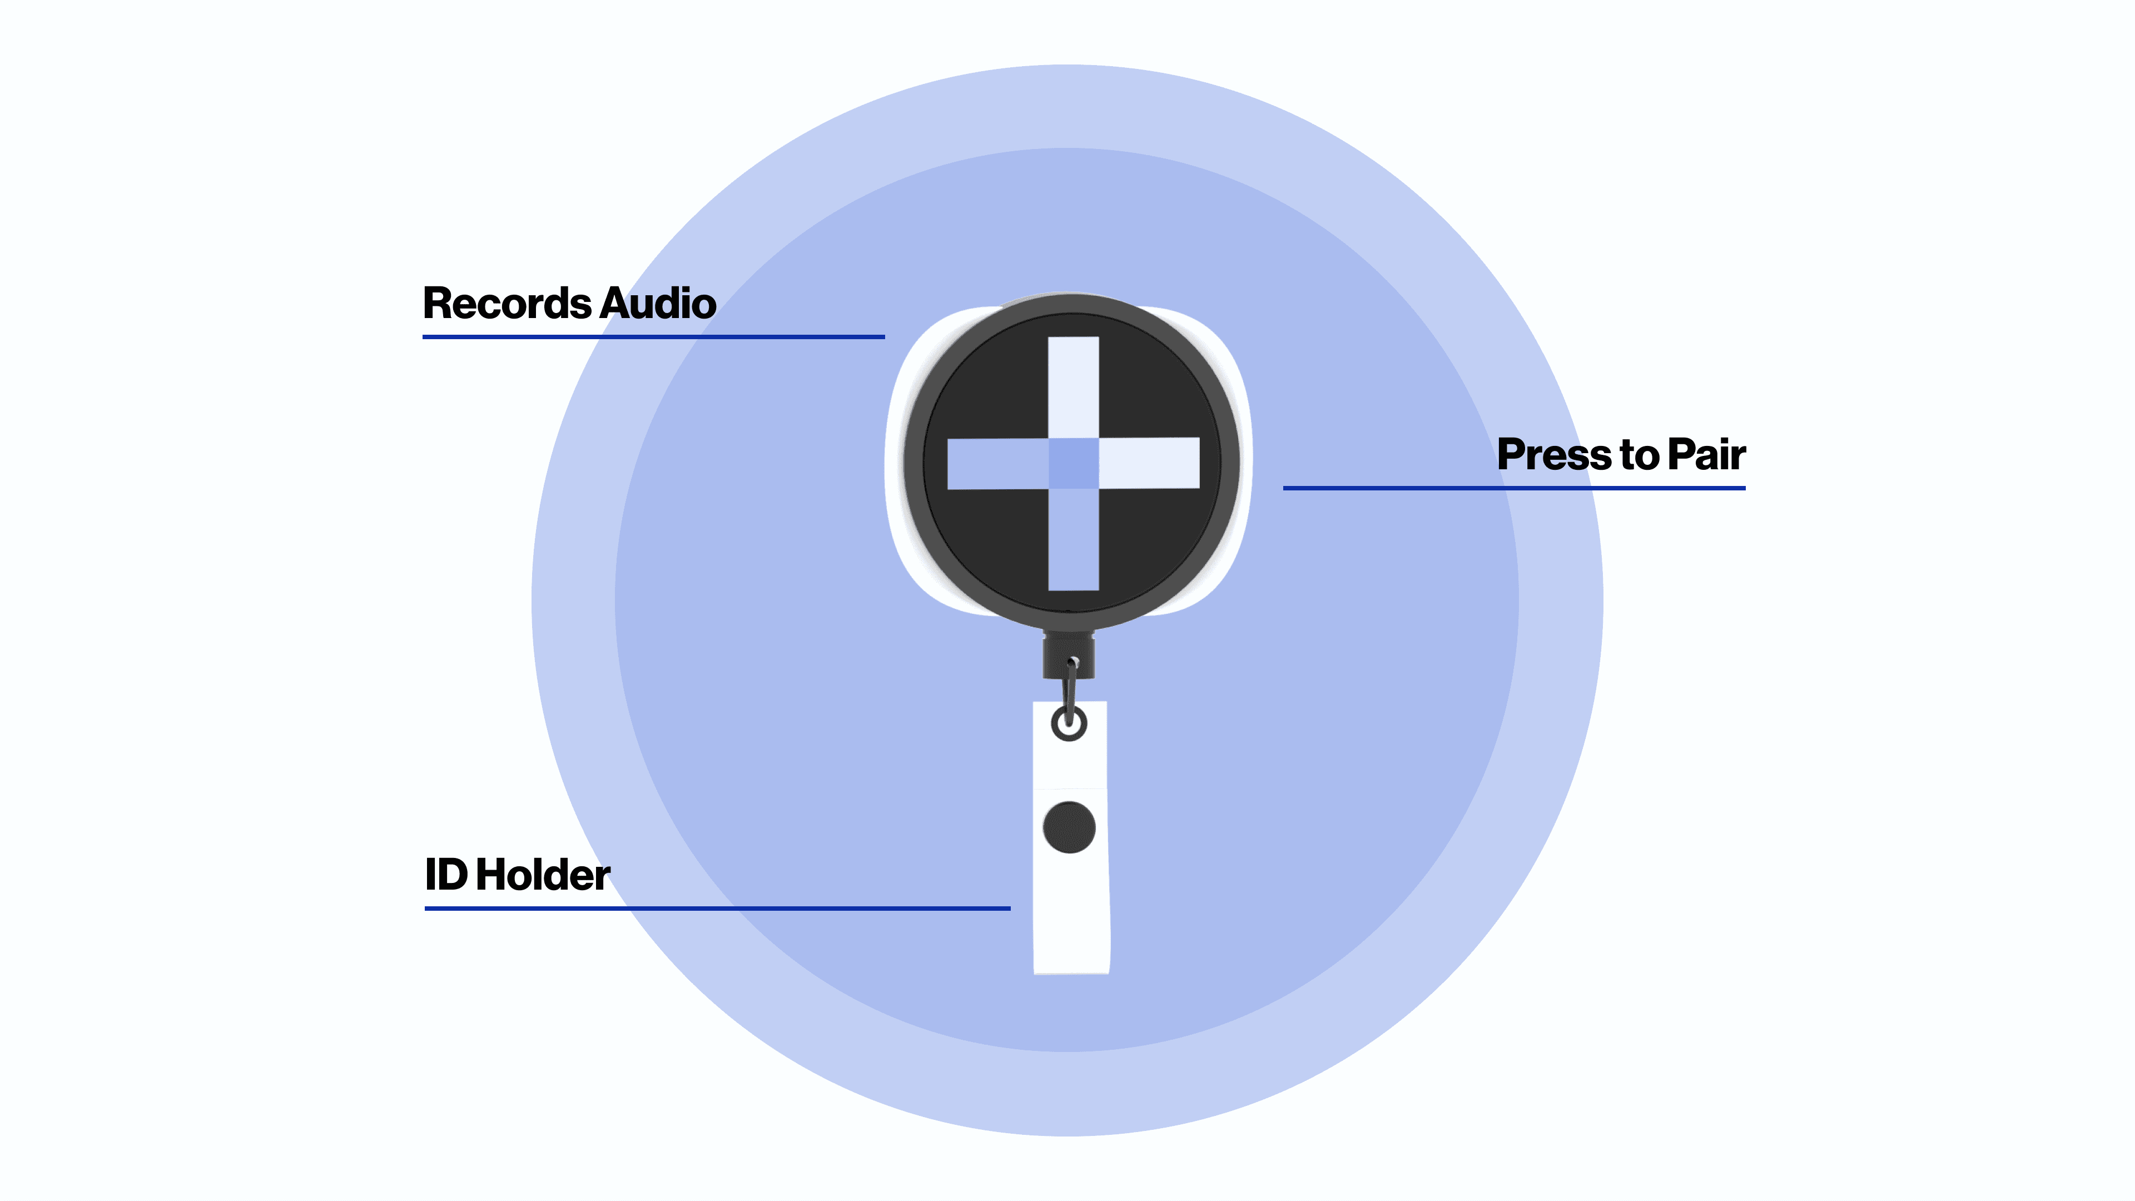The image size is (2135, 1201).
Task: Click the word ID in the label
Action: click(x=446, y=875)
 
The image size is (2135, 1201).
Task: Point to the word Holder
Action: click(x=543, y=875)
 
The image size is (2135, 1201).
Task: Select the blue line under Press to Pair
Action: click(x=1513, y=488)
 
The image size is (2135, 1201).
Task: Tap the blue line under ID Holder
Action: click(x=717, y=909)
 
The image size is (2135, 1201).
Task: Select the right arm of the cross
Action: click(x=1149, y=463)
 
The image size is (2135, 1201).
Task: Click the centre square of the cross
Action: click(x=1073, y=463)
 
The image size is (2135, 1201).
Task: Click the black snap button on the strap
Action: click(x=1069, y=827)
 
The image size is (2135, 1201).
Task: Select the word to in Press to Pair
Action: click(x=1639, y=455)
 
